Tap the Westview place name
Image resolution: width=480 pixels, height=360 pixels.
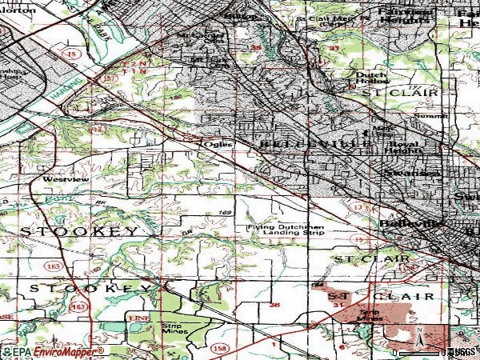click(x=59, y=180)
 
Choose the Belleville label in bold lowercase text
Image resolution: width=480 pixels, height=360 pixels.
click(x=410, y=224)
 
